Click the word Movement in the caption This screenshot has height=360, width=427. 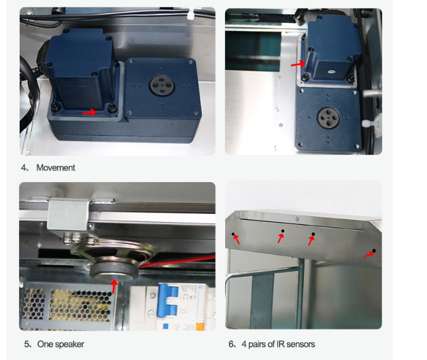(x=56, y=167)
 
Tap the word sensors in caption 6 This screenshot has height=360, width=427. (x=301, y=344)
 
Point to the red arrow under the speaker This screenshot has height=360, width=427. (x=114, y=286)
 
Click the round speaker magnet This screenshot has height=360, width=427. (x=114, y=271)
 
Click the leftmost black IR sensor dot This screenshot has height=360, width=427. (x=233, y=234)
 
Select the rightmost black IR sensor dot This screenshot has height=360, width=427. (x=374, y=251)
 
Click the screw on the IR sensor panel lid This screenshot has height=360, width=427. (x=297, y=219)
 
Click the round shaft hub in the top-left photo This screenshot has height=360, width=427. (x=162, y=85)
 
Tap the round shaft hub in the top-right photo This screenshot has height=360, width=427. (x=329, y=118)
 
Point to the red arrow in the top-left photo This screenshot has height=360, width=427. (x=90, y=112)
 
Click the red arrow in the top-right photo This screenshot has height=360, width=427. (x=298, y=64)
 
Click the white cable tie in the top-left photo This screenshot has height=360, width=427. (x=191, y=14)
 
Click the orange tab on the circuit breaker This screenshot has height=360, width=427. (x=200, y=326)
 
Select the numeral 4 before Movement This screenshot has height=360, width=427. (x=23, y=167)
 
